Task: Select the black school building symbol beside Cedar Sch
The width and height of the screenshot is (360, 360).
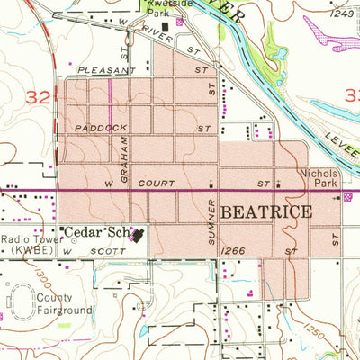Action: coord(138,236)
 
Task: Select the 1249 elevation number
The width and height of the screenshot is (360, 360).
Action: coord(342,13)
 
